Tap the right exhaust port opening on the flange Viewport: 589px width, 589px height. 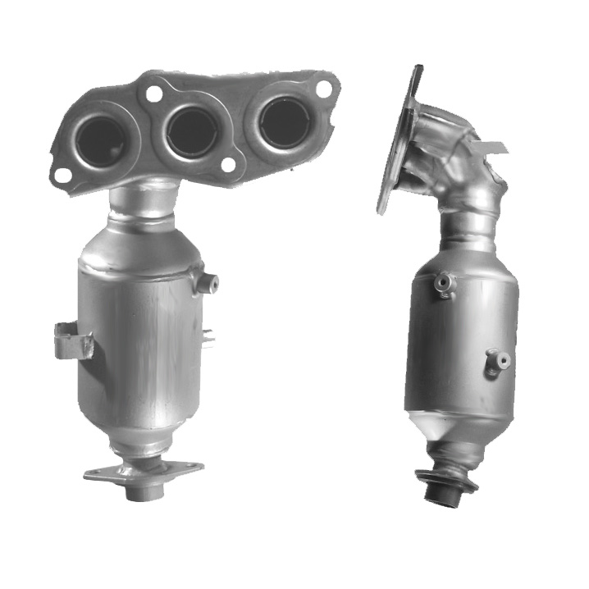point(284,121)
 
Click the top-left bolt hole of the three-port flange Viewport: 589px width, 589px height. point(153,93)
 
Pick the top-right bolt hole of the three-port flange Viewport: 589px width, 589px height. point(324,86)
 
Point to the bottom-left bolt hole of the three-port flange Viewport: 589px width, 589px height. point(62,175)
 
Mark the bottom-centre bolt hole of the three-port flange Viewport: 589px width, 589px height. point(229,165)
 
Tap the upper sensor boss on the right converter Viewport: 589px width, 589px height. point(444,283)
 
